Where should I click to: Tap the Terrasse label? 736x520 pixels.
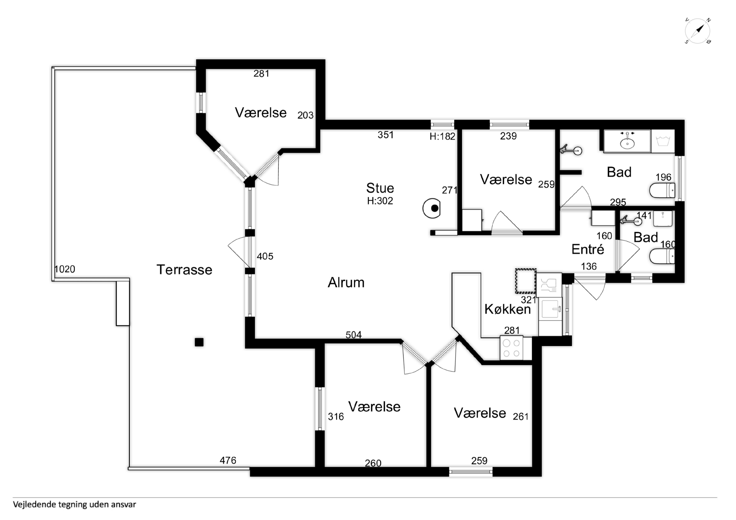point(184,270)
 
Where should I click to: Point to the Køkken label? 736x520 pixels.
point(508,309)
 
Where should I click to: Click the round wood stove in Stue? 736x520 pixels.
point(432,208)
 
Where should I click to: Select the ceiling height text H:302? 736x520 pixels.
point(380,201)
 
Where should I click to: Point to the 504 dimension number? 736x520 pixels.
point(354,335)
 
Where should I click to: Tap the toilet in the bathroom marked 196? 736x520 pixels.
point(662,191)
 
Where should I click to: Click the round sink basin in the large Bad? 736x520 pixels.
point(627,143)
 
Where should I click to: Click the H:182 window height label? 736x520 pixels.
point(442,137)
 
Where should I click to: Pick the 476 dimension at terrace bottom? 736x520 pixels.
point(228,460)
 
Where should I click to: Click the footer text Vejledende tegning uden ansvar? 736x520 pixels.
point(74,505)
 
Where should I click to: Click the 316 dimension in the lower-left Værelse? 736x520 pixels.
point(336,417)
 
